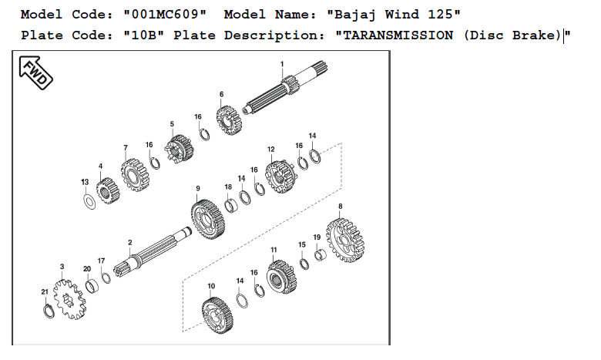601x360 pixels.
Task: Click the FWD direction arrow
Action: point(35,72)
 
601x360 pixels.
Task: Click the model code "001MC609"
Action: point(165,15)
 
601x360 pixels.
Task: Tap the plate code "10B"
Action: point(144,35)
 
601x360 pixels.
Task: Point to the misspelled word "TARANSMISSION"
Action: point(398,35)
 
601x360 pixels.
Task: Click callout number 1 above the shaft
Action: point(282,64)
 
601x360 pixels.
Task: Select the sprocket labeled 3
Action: point(69,299)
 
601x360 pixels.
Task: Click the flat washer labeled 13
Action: point(89,202)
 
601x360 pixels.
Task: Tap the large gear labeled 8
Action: point(345,240)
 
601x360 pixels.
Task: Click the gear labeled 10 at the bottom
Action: point(217,315)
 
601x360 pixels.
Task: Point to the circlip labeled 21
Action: point(49,311)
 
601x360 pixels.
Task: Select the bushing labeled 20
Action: point(92,286)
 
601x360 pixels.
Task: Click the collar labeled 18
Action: point(230,206)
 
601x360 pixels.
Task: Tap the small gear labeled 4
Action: point(108,190)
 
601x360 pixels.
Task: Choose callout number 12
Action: point(271,149)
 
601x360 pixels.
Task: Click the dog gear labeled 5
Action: point(179,149)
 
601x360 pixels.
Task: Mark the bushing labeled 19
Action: point(321,255)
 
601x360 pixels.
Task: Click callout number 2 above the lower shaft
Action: point(130,242)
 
